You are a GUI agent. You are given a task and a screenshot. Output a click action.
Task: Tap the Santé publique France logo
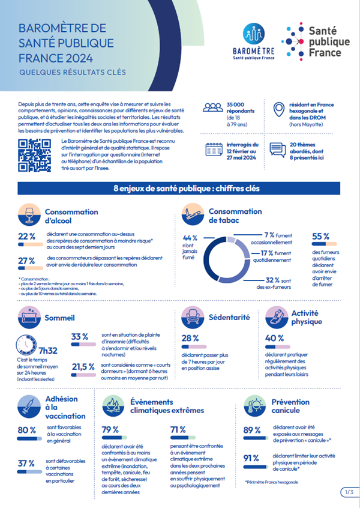point(312,40)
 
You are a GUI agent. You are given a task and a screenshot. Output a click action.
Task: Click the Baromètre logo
point(252,41)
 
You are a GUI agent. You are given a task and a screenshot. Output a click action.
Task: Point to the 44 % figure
point(190,238)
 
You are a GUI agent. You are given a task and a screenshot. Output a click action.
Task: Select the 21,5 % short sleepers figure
point(83,366)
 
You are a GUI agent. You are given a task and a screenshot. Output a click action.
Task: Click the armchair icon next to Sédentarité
point(193,318)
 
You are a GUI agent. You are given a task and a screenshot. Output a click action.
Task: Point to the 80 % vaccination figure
point(26,430)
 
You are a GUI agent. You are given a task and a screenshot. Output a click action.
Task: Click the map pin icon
point(278,110)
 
